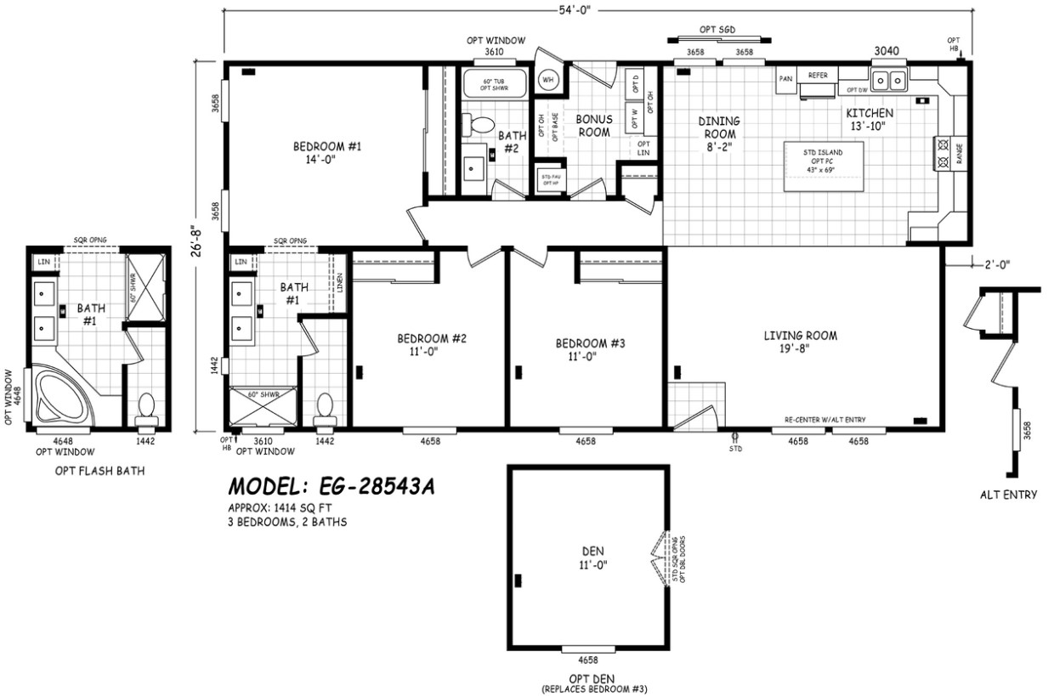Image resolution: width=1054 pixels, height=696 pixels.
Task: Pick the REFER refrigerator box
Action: coord(817,76)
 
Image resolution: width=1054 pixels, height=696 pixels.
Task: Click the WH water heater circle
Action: coord(548,80)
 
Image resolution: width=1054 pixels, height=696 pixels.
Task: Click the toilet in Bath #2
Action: coord(480,126)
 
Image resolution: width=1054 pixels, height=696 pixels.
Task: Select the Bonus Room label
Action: coord(594,126)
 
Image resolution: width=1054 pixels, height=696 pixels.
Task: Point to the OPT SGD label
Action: coord(717,30)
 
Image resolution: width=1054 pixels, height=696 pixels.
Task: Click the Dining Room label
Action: coord(719,134)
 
